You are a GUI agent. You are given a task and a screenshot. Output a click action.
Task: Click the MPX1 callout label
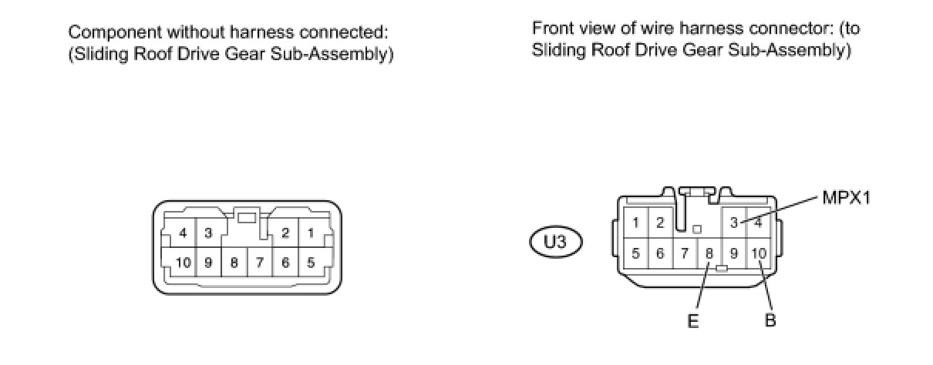tap(845, 198)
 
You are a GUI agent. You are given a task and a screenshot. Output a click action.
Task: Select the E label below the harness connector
tap(692, 321)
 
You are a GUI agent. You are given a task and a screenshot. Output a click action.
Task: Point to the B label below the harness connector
tap(770, 321)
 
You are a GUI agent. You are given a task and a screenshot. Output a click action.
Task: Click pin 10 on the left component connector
tap(184, 263)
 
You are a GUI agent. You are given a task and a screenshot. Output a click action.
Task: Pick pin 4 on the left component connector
tap(184, 233)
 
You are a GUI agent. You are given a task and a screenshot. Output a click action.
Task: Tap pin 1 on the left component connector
tap(311, 233)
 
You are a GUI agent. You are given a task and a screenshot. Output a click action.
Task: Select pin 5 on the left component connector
tap(311, 263)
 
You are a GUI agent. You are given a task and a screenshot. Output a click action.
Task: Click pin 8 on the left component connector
tap(234, 263)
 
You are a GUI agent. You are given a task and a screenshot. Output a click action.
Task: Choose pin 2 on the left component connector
tap(285, 233)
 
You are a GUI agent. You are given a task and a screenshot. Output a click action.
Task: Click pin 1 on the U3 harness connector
tap(635, 223)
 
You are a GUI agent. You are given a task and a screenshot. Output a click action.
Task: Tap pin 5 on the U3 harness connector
tap(635, 253)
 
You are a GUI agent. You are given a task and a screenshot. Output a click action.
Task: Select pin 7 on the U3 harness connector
tap(685, 253)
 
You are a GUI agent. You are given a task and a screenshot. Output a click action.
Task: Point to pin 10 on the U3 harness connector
tap(759, 253)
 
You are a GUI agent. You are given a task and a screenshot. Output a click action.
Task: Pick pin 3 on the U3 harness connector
tap(734, 223)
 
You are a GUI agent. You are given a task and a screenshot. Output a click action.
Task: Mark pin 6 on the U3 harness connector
tap(660, 253)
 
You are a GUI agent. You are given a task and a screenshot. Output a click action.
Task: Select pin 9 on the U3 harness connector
tap(733, 253)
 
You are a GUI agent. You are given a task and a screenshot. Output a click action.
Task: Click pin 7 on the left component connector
tap(260, 263)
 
